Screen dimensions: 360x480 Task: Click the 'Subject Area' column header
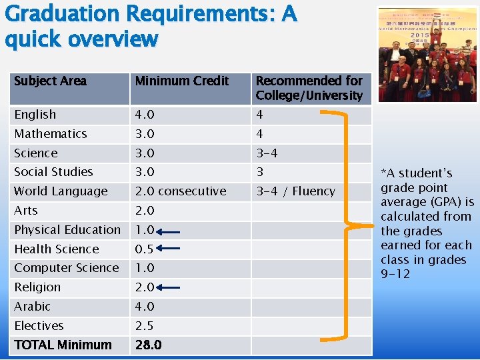[x=51, y=81]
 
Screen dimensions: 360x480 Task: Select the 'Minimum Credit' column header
[x=181, y=81]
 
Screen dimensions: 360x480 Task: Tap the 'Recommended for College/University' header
[x=309, y=88]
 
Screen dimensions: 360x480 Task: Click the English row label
[x=35, y=115]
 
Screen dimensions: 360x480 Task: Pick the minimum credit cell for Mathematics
[x=145, y=134]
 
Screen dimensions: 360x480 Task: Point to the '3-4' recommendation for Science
[x=267, y=153]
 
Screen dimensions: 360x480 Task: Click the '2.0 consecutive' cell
[x=180, y=191]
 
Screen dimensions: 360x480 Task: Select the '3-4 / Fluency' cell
[x=295, y=191]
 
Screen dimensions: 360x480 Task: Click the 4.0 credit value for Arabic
[x=145, y=307]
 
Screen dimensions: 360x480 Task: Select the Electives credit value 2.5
[x=145, y=326]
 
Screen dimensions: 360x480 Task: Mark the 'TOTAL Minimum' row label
[x=63, y=345]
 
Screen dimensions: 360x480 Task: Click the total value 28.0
[x=148, y=345]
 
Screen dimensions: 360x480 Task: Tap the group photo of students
[x=427, y=55]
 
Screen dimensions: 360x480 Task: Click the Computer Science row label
[x=66, y=268]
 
